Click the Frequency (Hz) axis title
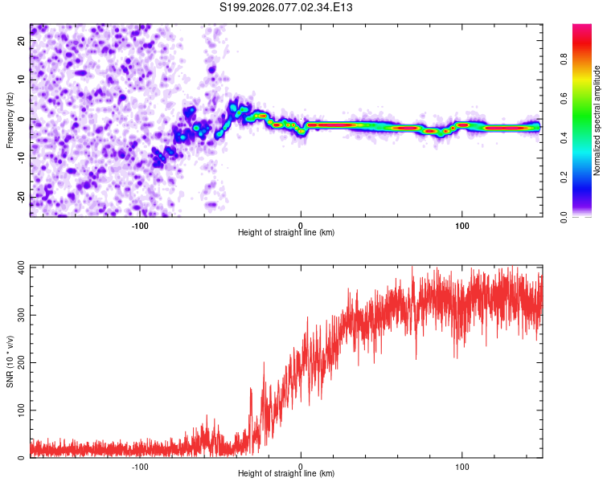pos(10,120)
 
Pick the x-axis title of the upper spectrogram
pos(286,233)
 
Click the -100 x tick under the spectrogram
pos(140,225)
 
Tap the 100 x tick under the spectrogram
pos(462,225)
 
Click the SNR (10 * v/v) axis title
pos(10,361)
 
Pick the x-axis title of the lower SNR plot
pos(286,474)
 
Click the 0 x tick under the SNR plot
pos(301,466)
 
